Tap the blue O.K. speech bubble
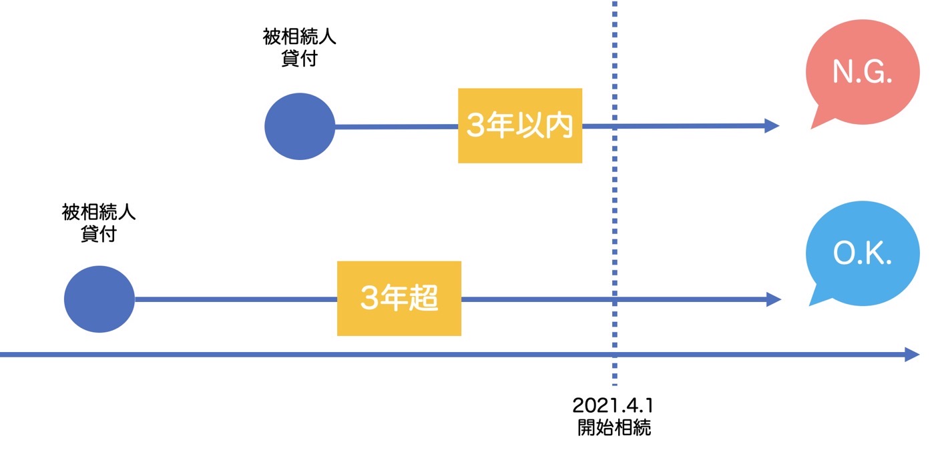click(863, 253)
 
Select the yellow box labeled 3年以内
click(520, 125)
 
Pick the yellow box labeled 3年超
click(399, 298)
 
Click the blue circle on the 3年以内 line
click(300, 126)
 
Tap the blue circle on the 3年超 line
click(99, 299)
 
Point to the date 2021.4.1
click(614, 405)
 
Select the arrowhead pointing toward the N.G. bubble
click(772, 125)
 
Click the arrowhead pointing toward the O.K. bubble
click(774, 299)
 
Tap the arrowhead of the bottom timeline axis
click(912, 355)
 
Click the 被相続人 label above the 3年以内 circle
click(300, 37)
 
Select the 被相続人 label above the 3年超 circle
click(99, 212)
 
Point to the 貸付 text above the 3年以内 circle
click(300, 58)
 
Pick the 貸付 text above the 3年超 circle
click(99, 234)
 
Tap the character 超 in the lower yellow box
click(424, 298)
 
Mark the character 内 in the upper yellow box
click(559, 125)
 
